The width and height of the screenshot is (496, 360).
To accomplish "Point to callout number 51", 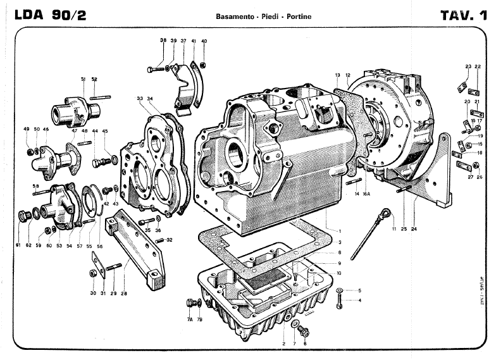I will coord(83,78).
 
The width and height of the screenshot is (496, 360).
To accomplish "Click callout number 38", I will coord(163,40).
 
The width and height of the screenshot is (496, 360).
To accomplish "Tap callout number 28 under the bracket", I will coord(124,293).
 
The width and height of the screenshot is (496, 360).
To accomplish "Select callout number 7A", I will coord(190,320).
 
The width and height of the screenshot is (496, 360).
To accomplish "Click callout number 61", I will coord(19,245).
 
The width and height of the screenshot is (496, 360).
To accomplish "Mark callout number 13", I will coord(338,75).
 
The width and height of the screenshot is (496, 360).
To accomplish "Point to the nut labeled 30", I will coord(93,273).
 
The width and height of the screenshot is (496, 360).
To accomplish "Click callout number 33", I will coord(140,99).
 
